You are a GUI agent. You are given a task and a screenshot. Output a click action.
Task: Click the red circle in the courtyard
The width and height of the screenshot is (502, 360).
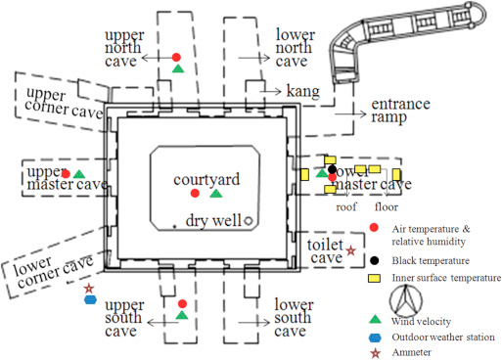[x=195, y=193]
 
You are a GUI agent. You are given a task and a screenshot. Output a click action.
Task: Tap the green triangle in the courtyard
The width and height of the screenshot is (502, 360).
[x=216, y=194]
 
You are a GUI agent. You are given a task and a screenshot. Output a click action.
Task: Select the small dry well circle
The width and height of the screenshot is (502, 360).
[x=249, y=220]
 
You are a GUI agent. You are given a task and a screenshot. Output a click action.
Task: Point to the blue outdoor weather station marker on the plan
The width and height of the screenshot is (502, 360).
[x=89, y=301]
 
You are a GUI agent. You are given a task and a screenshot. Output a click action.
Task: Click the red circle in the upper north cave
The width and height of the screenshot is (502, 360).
[x=176, y=58]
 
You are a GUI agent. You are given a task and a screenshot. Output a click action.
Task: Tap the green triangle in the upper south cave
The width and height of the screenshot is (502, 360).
[x=181, y=315]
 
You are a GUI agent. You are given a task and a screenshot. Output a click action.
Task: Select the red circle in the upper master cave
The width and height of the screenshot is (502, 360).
[x=66, y=174]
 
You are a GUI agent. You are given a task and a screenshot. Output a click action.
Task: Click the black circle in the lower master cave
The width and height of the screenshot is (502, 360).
[x=333, y=170]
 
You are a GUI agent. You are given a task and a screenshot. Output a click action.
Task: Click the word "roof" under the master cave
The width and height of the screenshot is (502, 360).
[x=346, y=206]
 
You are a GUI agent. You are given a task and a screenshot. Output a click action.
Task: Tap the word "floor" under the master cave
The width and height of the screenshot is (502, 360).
[x=387, y=206]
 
